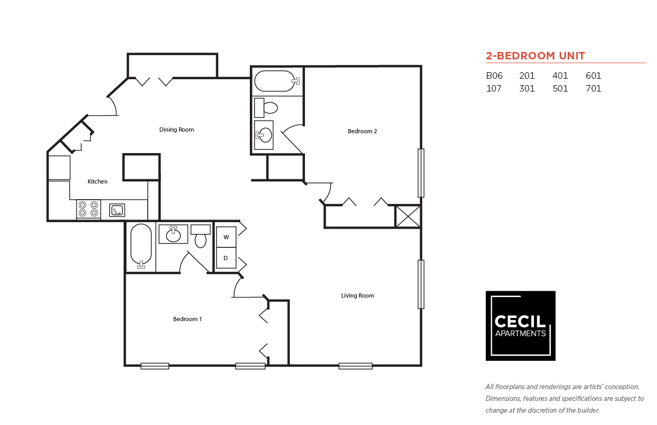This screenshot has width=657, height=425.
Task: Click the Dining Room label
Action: pyautogui.click(x=177, y=130)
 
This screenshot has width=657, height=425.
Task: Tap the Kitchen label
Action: pyautogui.click(x=97, y=181)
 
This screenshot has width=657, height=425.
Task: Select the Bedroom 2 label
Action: pyautogui.click(x=362, y=131)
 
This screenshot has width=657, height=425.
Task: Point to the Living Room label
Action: pyautogui.click(x=357, y=295)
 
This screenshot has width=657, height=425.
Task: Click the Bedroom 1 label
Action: pyautogui.click(x=187, y=319)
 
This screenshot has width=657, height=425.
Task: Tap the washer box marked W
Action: pyautogui.click(x=226, y=237)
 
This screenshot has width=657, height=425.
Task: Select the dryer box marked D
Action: pyautogui.click(x=226, y=258)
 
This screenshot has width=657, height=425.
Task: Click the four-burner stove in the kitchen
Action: pyautogui.click(x=88, y=209)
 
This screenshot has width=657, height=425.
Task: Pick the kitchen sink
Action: pyautogui.click(x=117, y=210)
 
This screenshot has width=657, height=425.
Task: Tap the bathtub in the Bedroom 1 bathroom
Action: pyautogui.click(x=141, y=245)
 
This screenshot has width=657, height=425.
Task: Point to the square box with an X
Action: pyautogui.click(x=408, y=216)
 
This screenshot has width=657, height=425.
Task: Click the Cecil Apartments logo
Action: pyautogui.click(x=520, y=325)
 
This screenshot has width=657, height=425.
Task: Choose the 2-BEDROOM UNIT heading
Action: pyautogui.click(x=535, y=56)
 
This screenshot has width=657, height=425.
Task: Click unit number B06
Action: pyautogui.click(x=494, y=76)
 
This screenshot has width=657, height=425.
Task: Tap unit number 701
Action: pyautogui.click(x=593, y=89)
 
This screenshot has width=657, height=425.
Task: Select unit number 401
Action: pyautogui.click(x=560, y=76)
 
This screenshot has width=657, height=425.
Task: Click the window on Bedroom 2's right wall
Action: pyautogui.click(x=421, y=173)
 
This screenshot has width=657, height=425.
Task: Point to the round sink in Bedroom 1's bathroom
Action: pyautogui.click(x=173, y=236)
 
